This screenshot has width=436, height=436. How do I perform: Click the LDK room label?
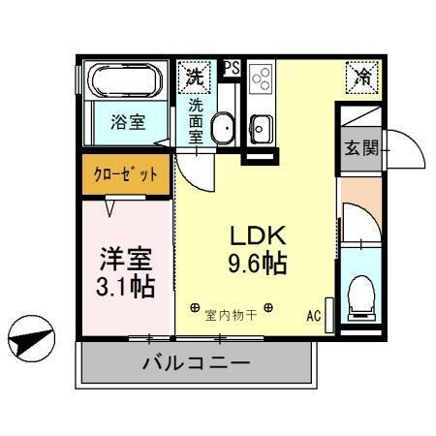(257, 235)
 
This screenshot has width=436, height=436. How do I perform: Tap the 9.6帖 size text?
(257, 263)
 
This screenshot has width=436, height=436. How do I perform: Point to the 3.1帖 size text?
(125, 287)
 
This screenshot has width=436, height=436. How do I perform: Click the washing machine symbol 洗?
(195, 74)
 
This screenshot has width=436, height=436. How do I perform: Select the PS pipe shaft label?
(232, 67)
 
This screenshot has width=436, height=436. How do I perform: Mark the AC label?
(314, 316)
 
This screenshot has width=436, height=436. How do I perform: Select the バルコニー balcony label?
(197, 363)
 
